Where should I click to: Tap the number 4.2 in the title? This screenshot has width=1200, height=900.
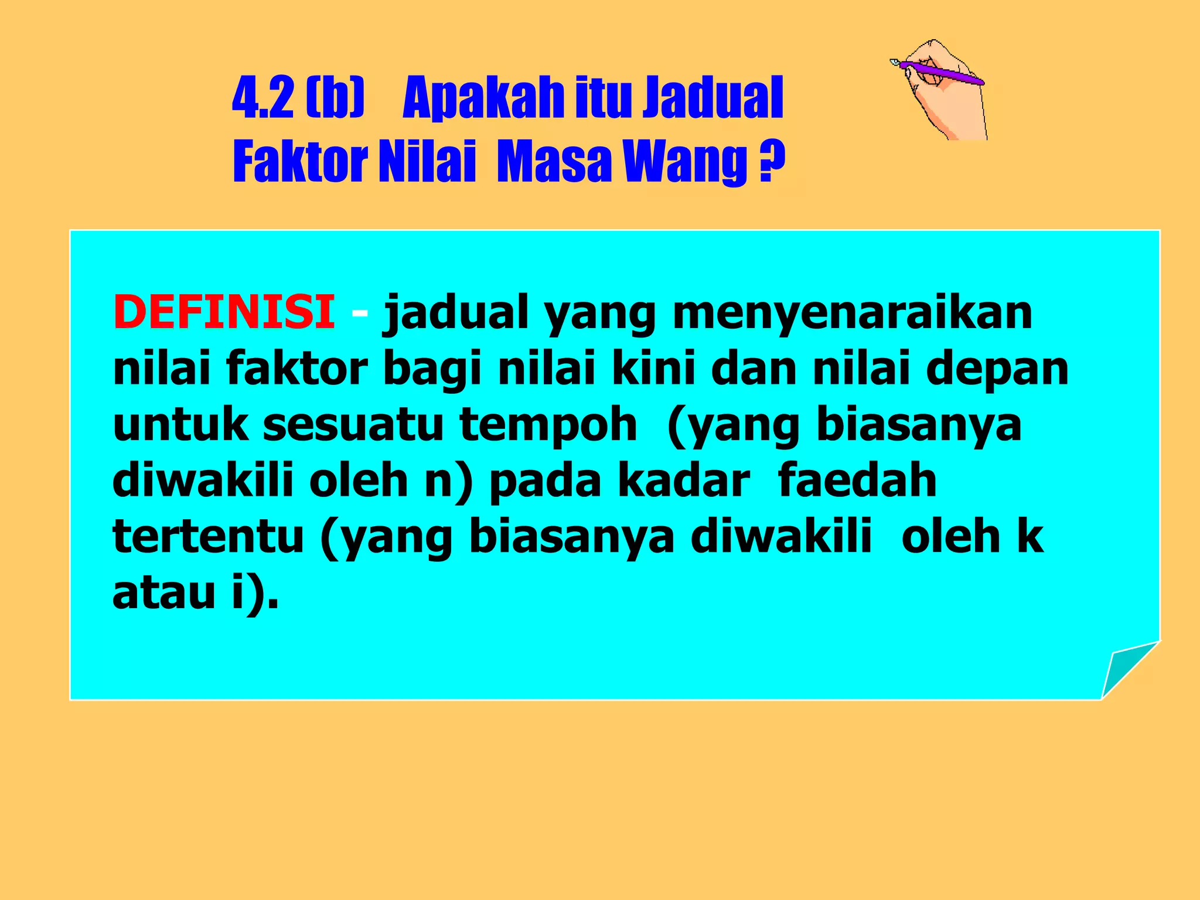tap(262, 97)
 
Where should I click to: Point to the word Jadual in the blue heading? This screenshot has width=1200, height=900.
tap(712, 97)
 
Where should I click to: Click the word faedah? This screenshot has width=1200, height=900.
tap(857, 480)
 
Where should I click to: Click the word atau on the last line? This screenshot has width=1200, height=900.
tap(164, 592)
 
